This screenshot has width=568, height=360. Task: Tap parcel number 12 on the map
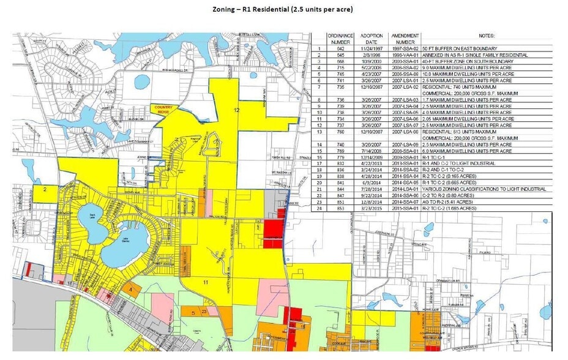coord(236,109)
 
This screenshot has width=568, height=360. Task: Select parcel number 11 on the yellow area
coord(206,282)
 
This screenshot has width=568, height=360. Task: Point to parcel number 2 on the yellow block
coord(45,190)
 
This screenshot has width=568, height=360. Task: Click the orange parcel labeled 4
coord(130,288)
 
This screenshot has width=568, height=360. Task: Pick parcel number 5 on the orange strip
coord(193,312)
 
